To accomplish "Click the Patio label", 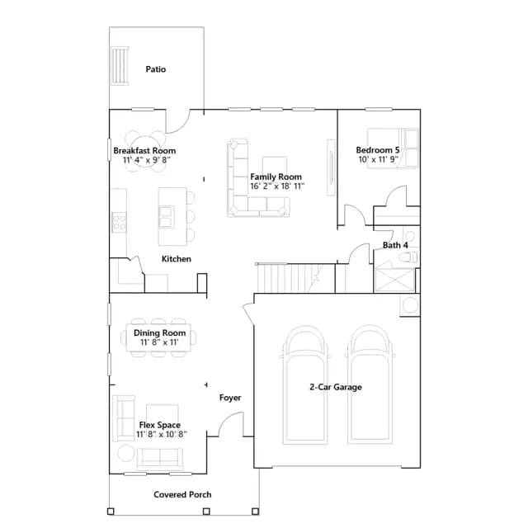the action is [x=156, y=69].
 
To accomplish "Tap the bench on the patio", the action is [x=120, y=65].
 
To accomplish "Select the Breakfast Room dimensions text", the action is [x=146, y=159].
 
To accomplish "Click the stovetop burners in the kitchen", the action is [x=119, y=222].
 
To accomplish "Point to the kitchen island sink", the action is [x=167, y=217].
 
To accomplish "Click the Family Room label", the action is [x=276, y=177].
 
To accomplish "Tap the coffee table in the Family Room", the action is [x=275, y=165].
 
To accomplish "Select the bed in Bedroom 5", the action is [x=393, y=148].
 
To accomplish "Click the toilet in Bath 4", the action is [x=408, y=257].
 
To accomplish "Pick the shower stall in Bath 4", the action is [x=394, y=280].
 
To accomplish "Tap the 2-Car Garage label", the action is [x=336, y=387].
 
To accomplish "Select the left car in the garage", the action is [x=305, y=384].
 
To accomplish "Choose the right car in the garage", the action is [x=370, y=384].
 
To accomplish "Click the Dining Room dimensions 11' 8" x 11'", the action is [x=159, y=342].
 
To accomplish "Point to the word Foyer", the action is [x=230, y=398].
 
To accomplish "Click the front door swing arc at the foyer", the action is [x=227, y=417].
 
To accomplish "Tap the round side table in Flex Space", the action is [x=126, y=453].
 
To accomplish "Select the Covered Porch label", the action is [x=182, y=495].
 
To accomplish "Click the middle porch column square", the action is [x=206, y=511].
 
